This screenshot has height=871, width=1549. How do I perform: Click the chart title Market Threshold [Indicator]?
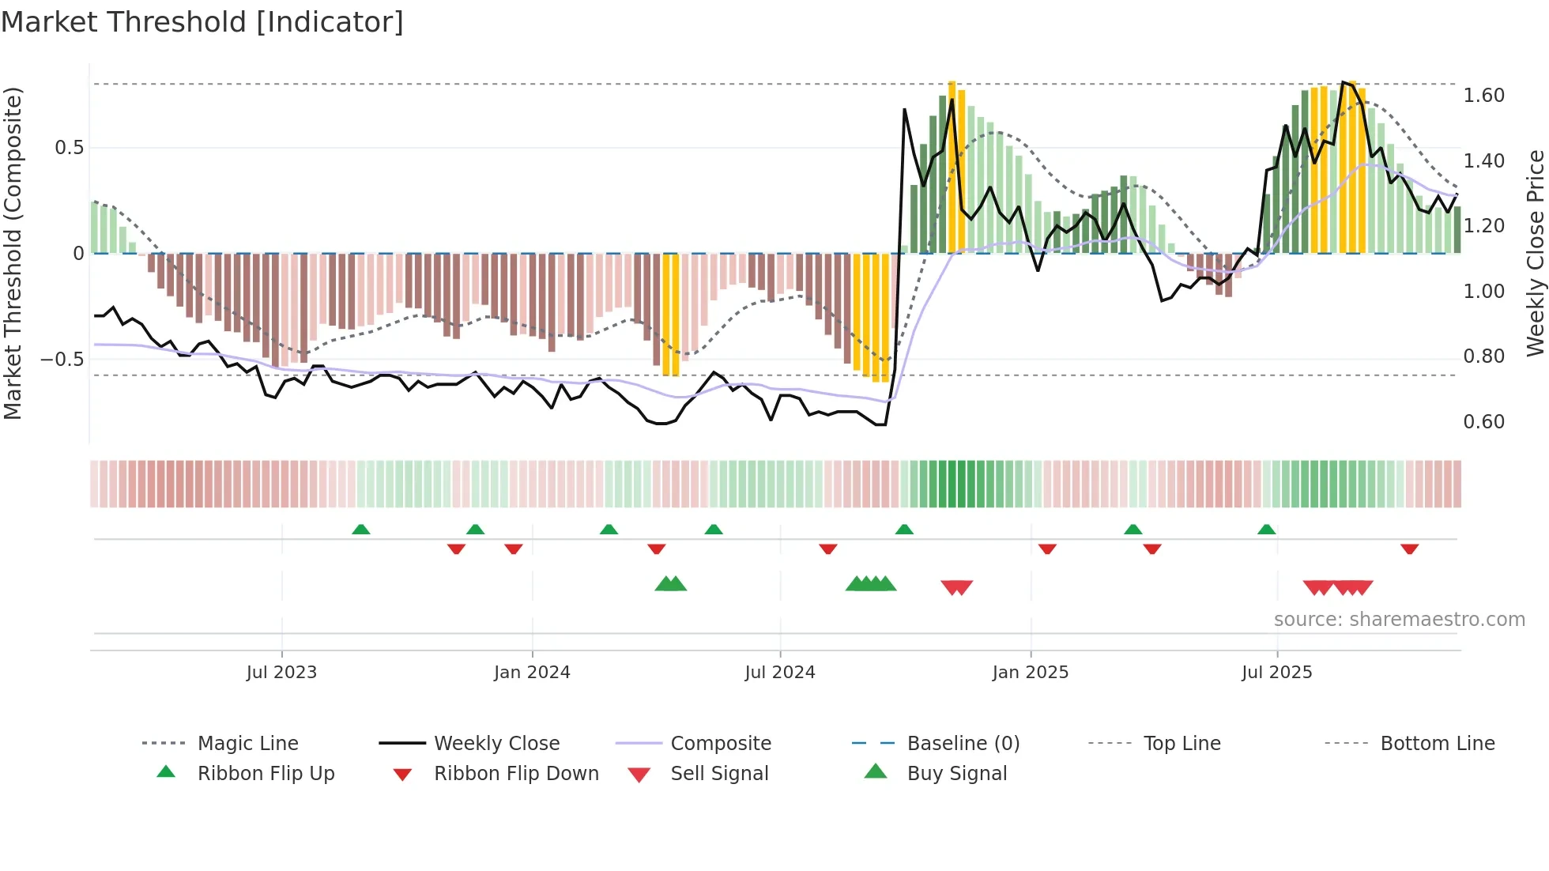(x=202, y=22)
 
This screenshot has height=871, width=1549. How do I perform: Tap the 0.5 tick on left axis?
(x=69, y=148)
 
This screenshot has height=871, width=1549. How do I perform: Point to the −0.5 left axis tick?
(x=62, y=360)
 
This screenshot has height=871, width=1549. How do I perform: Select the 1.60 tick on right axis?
(x=1483, y=96)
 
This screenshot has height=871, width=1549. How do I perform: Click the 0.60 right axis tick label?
(x=1483, y=422)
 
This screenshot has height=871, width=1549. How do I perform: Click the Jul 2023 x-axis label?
(x=281, y=673)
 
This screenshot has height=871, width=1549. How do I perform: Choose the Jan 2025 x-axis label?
(x=1030, y=673)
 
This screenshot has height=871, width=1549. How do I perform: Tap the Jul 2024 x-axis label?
(x=779, y=673)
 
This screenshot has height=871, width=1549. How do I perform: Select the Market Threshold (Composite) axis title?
(x=13, y=253)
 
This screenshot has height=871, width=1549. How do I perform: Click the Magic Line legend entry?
(x=247, y=744)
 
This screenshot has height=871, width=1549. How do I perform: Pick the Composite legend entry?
(x=720, y=744)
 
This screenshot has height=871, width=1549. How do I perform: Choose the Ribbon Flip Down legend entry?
(x=516, y=774)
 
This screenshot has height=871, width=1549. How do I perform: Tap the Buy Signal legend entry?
(x=956, y=774)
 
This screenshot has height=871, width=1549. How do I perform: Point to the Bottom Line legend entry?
(x=1437, y=744)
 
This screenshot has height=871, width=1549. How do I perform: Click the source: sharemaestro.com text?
(x=1399, y=620)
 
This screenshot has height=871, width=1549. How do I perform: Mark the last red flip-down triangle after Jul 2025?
(x=1409, y=549)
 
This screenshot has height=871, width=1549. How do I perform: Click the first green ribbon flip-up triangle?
(x=360, y=530)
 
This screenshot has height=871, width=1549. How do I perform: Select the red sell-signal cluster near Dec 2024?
(x=956, y=587)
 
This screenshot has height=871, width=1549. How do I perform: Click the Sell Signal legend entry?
(x=718, y=774)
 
